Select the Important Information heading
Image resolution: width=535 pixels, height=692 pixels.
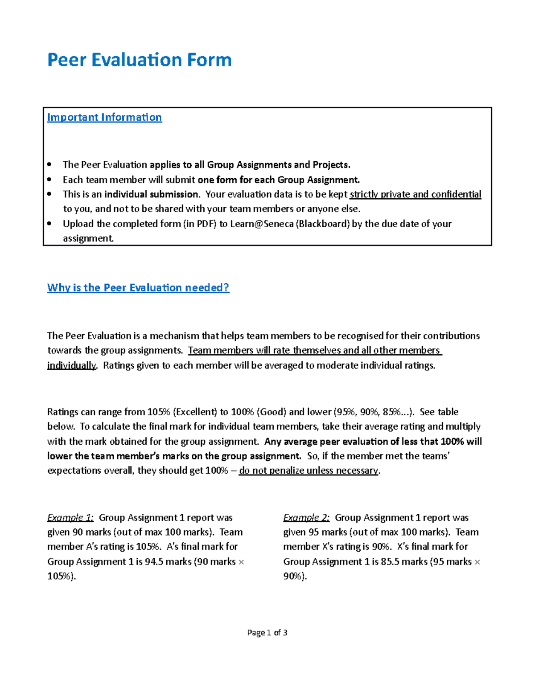coord(104,117)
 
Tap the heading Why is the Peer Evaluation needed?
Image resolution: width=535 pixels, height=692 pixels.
coord(138,287)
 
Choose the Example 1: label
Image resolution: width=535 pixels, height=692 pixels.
coord(70,517)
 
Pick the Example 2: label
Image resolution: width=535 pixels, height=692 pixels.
coord(306,517)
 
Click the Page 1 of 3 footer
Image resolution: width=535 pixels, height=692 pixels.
coord(267,632)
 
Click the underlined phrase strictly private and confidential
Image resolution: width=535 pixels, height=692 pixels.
coord(416,194)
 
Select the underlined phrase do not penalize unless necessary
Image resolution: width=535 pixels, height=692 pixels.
coord(309,471)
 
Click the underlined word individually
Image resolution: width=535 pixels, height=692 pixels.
coord(71,365)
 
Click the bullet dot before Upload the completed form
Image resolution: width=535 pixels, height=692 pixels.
coord(50,224)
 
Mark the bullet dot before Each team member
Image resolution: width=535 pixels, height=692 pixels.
coord(50,180)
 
